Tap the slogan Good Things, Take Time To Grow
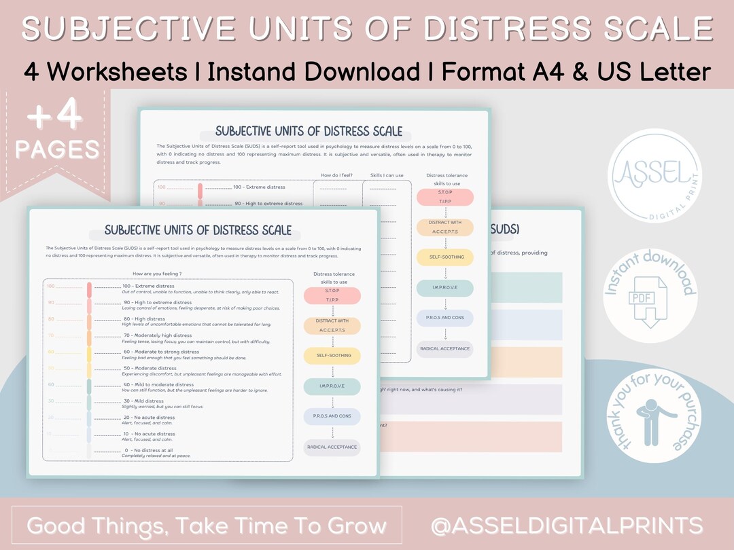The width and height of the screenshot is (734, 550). pyautogui.click(x=207, y=525)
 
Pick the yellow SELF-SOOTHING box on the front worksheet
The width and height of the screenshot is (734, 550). pyautogui.click(x=332, y=356)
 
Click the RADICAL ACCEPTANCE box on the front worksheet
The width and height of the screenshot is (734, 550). pyautogui.click(x=332, y=447)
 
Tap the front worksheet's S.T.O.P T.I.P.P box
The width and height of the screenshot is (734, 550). pyautogui.click(x=332, y=295)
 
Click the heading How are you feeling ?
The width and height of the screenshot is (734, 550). pyautogui.click(x=157, y=274)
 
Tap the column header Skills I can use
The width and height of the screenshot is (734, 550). pyautogui.click(x=387, y=175)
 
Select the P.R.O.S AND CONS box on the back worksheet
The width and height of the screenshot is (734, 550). pyautogui.click(x=445, y=318)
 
